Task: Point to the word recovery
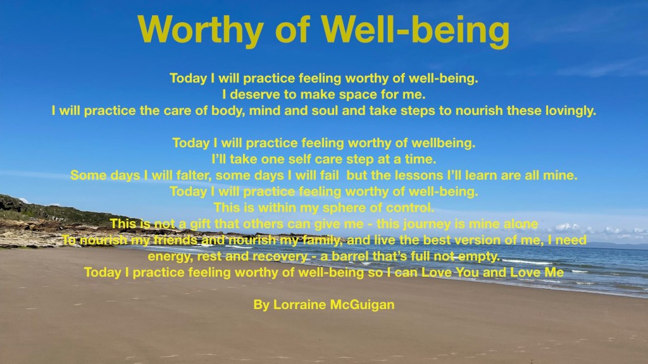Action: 280,257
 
